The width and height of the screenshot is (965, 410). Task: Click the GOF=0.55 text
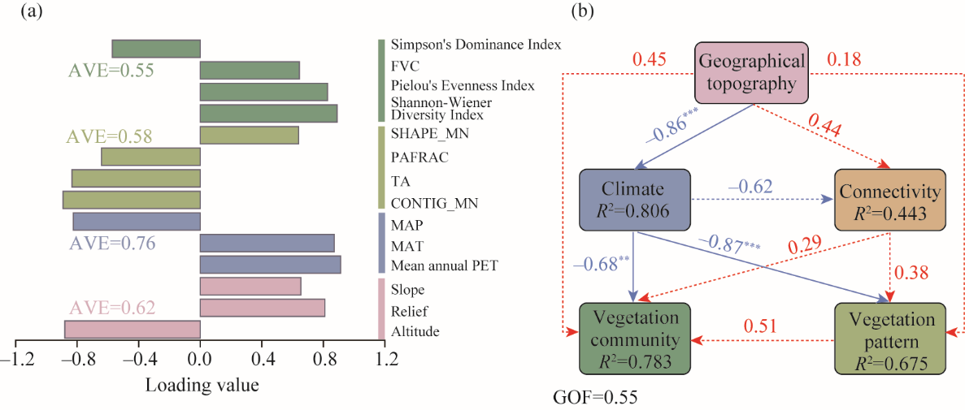[x=595, y=399]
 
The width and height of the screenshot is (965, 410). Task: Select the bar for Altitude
[x=133, y=330]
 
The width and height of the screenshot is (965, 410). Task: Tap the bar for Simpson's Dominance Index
[x=156, y=49]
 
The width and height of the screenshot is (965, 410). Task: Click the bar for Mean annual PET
[x=270, y=265]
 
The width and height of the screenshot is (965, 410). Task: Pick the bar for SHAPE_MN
[x=250, y=135]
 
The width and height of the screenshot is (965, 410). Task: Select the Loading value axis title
[x=202, y=385]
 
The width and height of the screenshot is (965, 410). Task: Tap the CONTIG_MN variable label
[x=433, y=203]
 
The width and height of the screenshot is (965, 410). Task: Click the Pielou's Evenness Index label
[x=463, y=85]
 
